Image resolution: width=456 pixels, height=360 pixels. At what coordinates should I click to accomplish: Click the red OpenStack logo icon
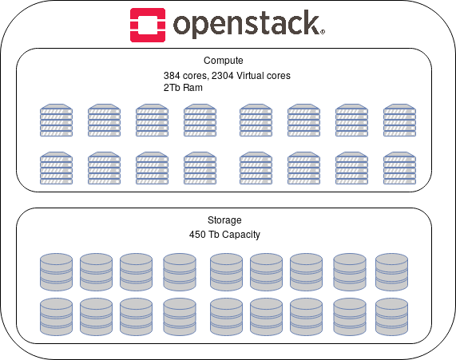tap(148, 25)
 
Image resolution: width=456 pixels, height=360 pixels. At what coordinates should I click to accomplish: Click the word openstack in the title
tap(248, 24)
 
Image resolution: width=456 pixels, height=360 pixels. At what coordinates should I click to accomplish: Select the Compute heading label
tap(224, 61)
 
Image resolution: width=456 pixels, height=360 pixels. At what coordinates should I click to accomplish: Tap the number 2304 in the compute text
tap(223, 76)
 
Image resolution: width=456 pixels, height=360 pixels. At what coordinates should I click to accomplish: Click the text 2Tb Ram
tap(183, 88)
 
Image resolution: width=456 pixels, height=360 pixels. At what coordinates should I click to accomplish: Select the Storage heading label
tap(224, 220)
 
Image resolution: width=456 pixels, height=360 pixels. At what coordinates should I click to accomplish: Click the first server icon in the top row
tap(56, 120)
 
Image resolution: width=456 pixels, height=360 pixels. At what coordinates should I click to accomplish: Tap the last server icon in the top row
tap(399, 120)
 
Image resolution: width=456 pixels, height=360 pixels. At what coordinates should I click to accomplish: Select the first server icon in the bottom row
tap(56, 168)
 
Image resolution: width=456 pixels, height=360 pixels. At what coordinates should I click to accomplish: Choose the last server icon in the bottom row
tap(399, 168)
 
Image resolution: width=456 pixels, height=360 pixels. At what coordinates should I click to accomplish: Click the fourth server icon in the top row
tap(200, 120)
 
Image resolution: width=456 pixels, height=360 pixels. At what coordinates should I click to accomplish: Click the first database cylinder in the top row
tap(56, 272)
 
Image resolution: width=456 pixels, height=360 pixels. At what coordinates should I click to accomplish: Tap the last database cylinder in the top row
tap(392, 272)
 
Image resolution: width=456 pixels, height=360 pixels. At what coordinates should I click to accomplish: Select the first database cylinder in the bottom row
tap(56, 317)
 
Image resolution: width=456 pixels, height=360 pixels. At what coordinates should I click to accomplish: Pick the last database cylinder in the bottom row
tap(392, 317)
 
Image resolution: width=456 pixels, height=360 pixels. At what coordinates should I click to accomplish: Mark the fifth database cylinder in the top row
tap(226, 272)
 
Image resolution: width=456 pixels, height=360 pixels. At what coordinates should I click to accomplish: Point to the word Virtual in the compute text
tap(249, 76)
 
